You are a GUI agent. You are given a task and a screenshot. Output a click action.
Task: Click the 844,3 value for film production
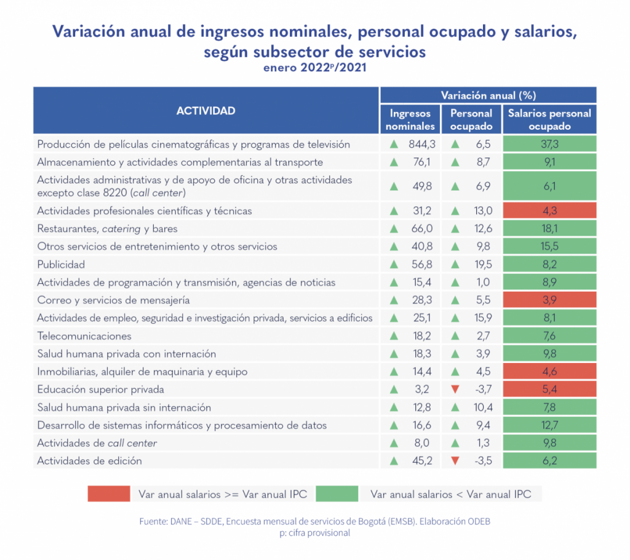pyautogui.click(x=422, y=145)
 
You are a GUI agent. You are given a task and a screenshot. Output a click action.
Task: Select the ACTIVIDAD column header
pyautogui.click(x=205, y=111)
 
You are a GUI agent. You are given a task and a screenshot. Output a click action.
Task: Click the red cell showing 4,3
pyautogui.click(x=549, y=211)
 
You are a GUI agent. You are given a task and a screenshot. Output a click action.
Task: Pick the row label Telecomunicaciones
pyautogui.click(x=84, y=336)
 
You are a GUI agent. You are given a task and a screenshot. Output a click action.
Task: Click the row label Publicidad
pyautogui.click(x=61, y=265)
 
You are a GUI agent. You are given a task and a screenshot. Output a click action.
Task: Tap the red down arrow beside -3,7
pyautogui.click(x=455, y=390)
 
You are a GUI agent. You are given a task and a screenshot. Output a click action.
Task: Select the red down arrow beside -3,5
pyautogui.click(x=455, y=461)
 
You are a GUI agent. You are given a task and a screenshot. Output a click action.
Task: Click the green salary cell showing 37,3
pyautogui.click(x=549, y=145)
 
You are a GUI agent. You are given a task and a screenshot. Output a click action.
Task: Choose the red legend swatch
pyautogui.click(x=109, y=494)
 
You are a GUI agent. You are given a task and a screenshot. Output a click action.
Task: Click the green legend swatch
pyautogui.click(x=337, y=494)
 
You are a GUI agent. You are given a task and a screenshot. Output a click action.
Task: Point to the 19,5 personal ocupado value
pyautogui.click(x=480, y=265)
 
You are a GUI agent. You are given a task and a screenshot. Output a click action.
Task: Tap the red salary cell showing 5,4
pyautogui.click(x=549, y=390)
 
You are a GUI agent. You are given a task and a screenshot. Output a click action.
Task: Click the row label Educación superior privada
pyautogui.click(x=100, y=390)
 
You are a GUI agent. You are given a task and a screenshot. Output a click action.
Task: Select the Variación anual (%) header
pyautogui.click(x=488, y=95)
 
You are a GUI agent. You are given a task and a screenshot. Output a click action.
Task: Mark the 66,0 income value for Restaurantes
pyautogui.click(x=423, y=229)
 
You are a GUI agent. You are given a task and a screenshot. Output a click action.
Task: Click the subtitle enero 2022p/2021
pyautogui.click(x=314, y=68)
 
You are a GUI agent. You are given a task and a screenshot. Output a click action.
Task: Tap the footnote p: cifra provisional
pyautogui.click(x=314, y=533)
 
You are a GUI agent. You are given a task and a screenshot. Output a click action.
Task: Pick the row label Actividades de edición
pyautogui.click(x=90, y=461)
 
